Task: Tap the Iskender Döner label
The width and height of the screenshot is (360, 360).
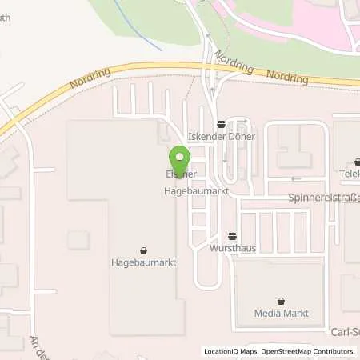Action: click(x=221, y=137)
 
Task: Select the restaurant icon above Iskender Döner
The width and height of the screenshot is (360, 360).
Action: click(x=221, y=124)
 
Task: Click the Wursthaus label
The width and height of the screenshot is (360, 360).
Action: click(x=232, y=248)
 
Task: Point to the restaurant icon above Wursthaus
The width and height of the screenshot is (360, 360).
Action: click(x=232, y=236)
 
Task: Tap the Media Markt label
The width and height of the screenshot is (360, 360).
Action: click(x=281, y=313)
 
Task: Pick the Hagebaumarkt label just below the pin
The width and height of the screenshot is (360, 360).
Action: click(x=192, y=193)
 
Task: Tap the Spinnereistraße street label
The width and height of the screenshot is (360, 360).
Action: click(x=324, y=197)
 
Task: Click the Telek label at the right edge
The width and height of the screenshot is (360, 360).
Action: click(x=349, y=172)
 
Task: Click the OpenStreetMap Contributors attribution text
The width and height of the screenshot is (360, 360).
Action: click(x=310, y=351)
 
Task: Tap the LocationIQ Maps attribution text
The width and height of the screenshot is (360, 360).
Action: click(x=230, y=351)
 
